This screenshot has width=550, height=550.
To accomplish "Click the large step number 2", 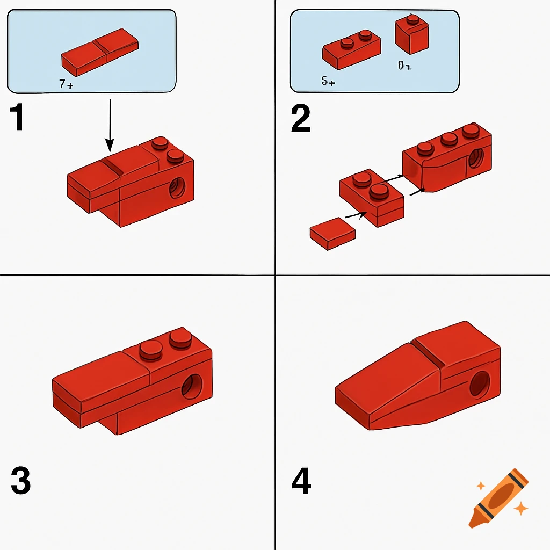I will [x=301, y=119].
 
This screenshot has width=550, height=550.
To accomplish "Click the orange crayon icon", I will [x=498, y=498].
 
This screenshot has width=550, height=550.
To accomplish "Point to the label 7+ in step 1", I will [x=66, y=84].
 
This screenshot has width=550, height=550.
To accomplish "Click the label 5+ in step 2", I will [x=328, y=82].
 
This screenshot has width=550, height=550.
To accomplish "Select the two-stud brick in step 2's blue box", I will [x=351, y=50].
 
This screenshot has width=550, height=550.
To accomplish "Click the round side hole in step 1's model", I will [x=177, y=188].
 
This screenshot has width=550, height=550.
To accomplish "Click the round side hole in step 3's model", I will [x=192, y=387].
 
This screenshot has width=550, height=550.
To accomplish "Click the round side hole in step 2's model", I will [x=475, y=159].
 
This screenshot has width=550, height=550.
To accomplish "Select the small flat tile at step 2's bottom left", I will [x=333, y=233].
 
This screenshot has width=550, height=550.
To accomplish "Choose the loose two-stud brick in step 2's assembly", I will [x=372, y=198].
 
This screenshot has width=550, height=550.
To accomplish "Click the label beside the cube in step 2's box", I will [x=404, y=66].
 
